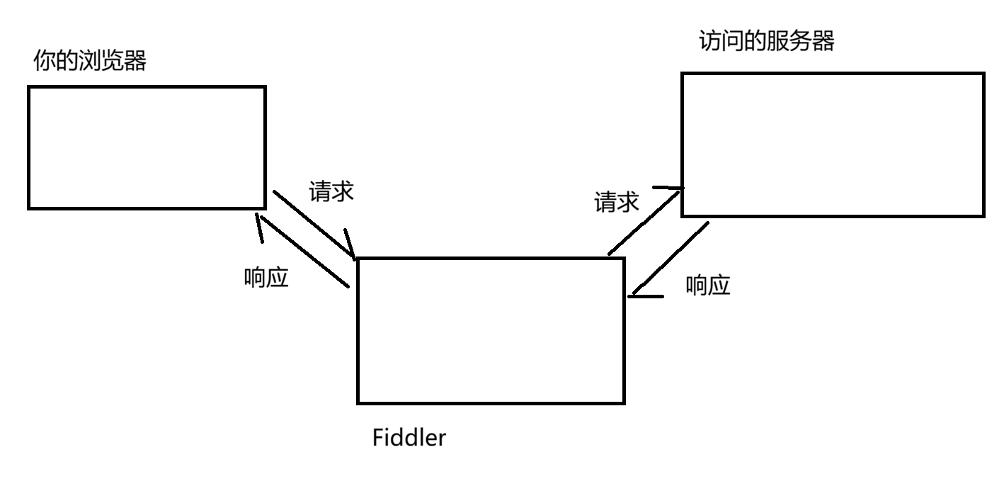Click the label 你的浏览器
[x=90, y=60]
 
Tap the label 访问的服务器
[x=767, y=41]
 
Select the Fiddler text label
[x=409, y=437]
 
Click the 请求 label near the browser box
[x=331, y=191]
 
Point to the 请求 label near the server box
[x=616, y=202]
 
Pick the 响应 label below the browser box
[x=266, y=277]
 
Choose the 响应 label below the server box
[x=708, y=286]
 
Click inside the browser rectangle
[x=147, y=147]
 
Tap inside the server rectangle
[x=833, y=145]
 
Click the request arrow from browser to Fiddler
[x=314, y=225]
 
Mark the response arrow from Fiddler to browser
[x=304, y=251]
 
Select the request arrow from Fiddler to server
[x=644, y=222]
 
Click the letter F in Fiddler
[x=377, y=437]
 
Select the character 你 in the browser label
[x=45, y=60]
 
